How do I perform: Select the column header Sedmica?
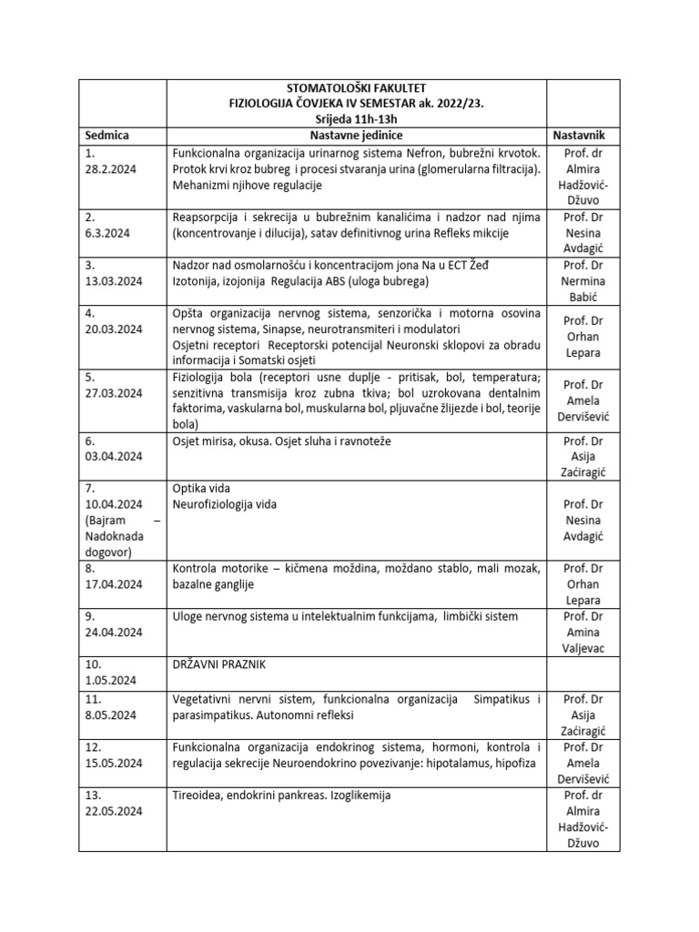click(x=106, y=135)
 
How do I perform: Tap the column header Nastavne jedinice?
click(x=356, y=135)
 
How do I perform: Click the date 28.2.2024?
click(x=110, y=169)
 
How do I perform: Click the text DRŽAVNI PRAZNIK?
click(x=218, y=665)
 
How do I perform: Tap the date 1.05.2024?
click(x=110, y=681)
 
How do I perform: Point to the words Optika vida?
click(x=201, y=488)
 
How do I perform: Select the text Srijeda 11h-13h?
click(x=356, y=118)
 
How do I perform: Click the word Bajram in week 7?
click(x=106, y=521)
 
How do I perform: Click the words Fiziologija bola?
click(x=216, y=377)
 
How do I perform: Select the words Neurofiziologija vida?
click(x=224, y=504)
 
